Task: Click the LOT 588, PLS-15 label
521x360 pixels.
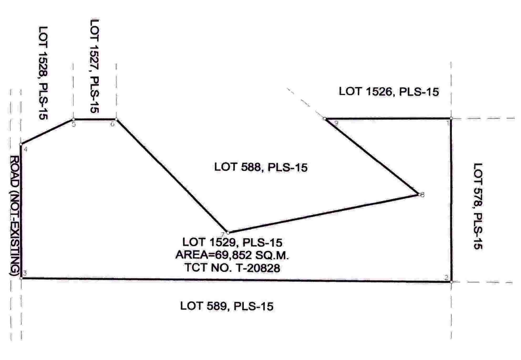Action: (261, 167)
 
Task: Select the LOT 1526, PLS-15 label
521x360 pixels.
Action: (389, 92)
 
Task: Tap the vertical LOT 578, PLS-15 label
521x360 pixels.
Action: (478, 206)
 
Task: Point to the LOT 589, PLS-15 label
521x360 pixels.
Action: (227, 306)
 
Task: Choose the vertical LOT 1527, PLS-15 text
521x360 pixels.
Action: (94, 66)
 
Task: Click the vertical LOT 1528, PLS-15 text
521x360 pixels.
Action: (43, 73)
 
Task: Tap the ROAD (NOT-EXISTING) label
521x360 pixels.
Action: (15, 216)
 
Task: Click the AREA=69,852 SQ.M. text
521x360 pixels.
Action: (232, 255)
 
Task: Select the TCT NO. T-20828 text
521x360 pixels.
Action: (233, 268)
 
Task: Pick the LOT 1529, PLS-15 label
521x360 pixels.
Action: (232, 242)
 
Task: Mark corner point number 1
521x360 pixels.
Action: (451, 119)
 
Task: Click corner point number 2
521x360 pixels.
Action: (451, 282)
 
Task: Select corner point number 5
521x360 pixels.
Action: (73, 119)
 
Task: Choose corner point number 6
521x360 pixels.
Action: (116, 119)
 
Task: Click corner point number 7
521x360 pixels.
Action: (228, 232)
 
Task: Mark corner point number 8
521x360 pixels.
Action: (419, 195)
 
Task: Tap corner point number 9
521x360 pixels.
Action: (325, 119)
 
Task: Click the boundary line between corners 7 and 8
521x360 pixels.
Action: (323, 214)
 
